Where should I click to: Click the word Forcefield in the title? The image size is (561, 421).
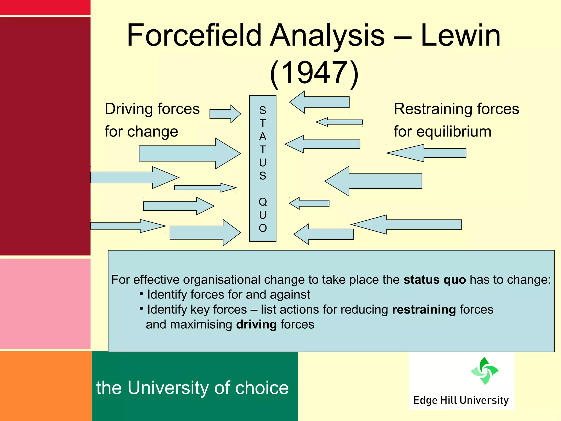tap(194, 36)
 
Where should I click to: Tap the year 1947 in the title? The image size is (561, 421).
tap(314, 73)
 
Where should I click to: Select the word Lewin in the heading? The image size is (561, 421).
tap(460, 36)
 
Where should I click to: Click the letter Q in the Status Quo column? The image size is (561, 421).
tap(263, 202)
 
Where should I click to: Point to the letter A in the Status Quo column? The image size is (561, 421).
tap(263, 136)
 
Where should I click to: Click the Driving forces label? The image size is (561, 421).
tap(152, 109)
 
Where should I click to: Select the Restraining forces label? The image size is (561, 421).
tap(456, 109)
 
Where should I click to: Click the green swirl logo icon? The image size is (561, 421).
tap(484, 371)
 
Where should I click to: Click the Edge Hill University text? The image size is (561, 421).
tap(461, 400)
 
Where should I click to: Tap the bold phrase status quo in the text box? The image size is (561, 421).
tap(434, 280)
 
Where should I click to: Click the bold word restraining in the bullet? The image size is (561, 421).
tap(424, 310)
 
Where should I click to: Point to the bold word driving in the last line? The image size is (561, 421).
tap(256, 325)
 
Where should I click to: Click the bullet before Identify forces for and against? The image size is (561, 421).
tap(141, 294)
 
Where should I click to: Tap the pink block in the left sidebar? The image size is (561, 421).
tap(45, 303)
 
